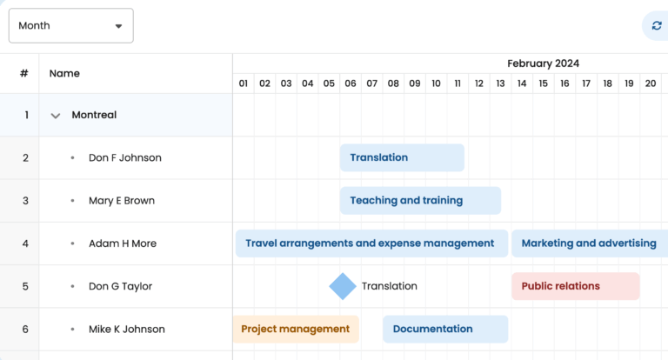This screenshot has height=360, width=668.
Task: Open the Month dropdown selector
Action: coord(70,26)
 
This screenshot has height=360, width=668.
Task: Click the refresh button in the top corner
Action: coord(656,26)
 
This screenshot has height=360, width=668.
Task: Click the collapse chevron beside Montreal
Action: coord(56,115)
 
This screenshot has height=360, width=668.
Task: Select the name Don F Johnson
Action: coord(124,157)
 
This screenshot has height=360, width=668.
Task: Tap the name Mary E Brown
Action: coord(122,201)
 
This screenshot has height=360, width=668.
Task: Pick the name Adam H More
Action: coord(123,243)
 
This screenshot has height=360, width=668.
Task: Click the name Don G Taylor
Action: coord(120,286)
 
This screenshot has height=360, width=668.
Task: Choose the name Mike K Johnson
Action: coord(126,329)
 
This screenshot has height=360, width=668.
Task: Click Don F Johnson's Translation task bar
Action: coord(402,157)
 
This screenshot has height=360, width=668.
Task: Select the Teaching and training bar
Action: coord(420,201)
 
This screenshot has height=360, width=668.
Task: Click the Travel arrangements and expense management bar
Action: coord(371,243)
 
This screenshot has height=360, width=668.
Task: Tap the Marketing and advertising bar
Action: coord(589,243)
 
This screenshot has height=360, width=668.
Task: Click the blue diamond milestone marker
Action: coord(343,286)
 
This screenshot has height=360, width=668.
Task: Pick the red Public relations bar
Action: coord(575,286)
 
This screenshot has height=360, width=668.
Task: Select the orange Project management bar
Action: coord(296,329)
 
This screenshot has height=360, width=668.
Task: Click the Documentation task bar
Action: coord(445,329)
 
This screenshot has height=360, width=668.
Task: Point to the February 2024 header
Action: coord(543,63)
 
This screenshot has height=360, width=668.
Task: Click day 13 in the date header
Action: coord(500,83)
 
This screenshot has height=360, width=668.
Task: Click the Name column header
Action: coord(64,73)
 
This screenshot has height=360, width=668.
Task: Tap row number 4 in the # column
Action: coord(25,243)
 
